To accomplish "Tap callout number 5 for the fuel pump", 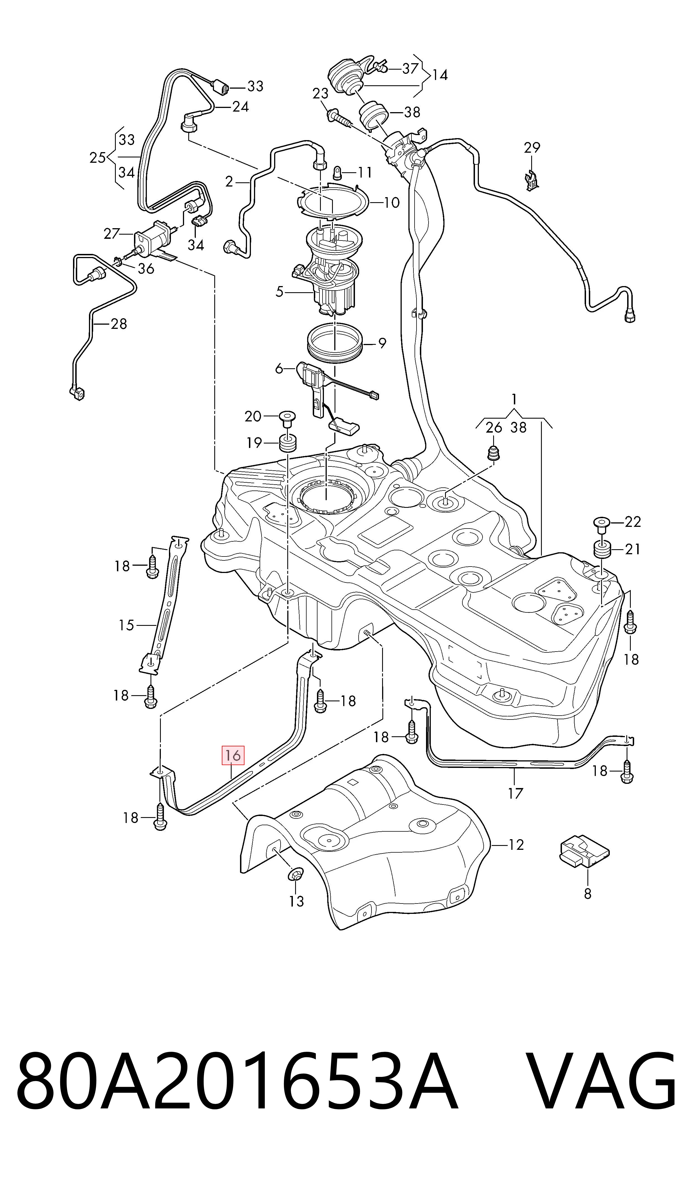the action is coord(280,292).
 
